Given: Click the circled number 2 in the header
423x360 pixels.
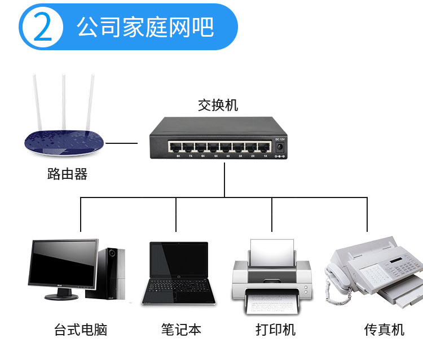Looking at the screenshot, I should [42, 27].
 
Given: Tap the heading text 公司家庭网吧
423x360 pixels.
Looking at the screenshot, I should [145, 27].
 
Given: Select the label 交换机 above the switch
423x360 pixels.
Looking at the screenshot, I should [218, 105].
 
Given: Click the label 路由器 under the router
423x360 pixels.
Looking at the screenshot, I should [68, 174].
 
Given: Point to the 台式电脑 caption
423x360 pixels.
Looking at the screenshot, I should [81, 330].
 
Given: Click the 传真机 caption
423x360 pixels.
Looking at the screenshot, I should [384, 330].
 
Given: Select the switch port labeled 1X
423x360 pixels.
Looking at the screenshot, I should [265, 148].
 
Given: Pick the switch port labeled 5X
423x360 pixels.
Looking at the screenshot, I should [215, 148].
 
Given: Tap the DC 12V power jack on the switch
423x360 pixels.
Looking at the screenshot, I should [279, 147].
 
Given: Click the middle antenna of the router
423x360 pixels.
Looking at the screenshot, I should [64, 102].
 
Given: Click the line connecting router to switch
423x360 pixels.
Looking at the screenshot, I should [122, 143].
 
